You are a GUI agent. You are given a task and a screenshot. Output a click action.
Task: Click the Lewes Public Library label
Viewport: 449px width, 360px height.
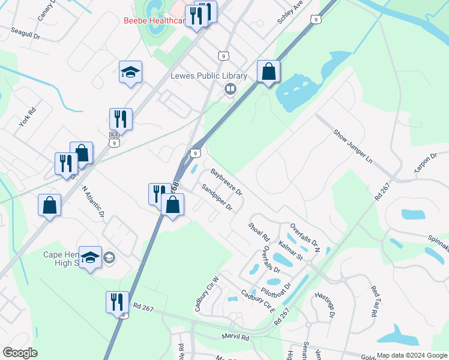(x=208, y=76)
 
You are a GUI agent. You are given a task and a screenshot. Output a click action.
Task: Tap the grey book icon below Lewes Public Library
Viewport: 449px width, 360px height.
(x=229, y=89)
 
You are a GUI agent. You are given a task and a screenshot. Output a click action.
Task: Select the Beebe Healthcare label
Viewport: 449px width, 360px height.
(x=153, y=20)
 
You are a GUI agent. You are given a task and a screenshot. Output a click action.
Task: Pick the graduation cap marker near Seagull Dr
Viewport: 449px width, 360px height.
(x=130, y=73)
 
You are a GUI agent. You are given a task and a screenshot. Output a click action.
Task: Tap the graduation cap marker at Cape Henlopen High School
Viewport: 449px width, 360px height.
(x=90, y=257)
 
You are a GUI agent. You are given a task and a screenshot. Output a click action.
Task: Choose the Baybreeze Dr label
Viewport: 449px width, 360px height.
(x=226, y=183)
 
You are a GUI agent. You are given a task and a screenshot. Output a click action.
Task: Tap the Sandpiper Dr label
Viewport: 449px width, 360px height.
(x=216, y=197)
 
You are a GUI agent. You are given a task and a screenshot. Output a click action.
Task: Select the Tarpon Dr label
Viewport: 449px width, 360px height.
(x=426, y=164)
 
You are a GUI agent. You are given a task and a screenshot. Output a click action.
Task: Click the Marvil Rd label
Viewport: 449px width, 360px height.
(x=234, y=337)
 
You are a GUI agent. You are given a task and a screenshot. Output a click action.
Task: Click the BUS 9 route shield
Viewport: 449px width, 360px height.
(x=114, y=139)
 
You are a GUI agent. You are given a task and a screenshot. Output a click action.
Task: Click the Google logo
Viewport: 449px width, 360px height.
(x=20, y=353)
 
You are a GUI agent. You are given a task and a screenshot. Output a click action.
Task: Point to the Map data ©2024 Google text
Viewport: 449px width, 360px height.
(x=412, y=355)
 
